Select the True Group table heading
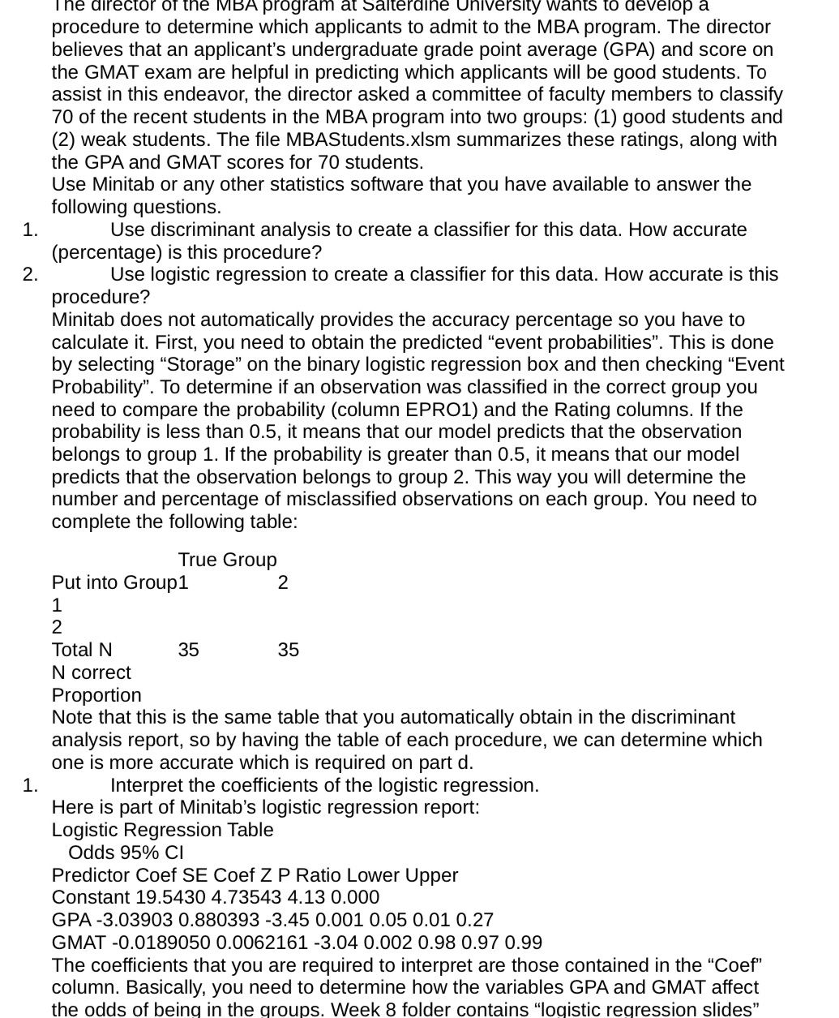[x=227, y=560]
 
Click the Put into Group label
[x=114, y=582]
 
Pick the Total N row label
[x=82, y=650]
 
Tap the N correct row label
[x=91, y=672]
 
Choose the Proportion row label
[x=96, y=695]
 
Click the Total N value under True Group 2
[x=288, y=650]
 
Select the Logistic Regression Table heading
[x=162, y=830]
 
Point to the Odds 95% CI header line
[x=126, y=853]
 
